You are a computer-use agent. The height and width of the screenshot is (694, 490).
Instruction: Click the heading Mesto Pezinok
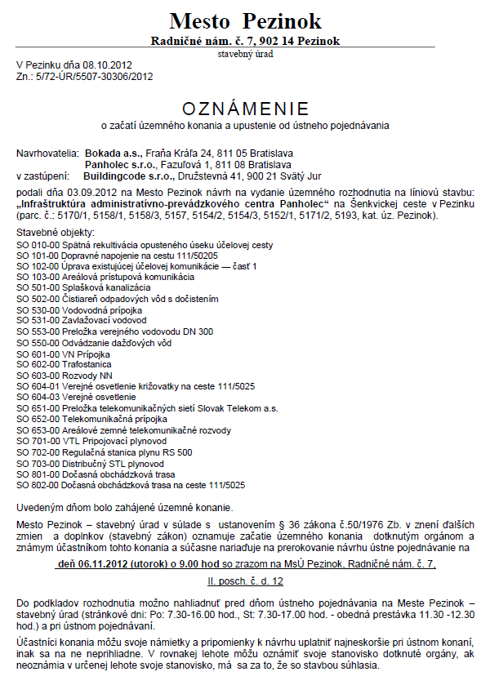245,21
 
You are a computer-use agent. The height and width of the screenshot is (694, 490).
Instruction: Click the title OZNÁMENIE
245,109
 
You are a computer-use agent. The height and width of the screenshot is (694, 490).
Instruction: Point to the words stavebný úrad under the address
245,54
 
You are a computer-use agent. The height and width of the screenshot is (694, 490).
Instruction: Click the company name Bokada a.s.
114,153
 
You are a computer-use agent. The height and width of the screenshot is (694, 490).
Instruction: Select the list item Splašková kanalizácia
106,288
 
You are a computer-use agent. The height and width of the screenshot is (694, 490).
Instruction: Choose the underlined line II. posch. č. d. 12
245,581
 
